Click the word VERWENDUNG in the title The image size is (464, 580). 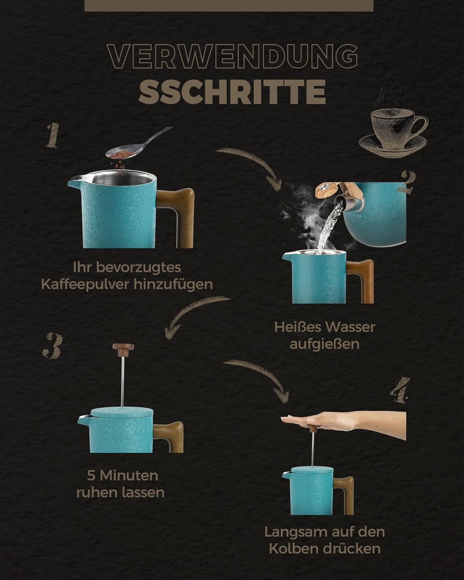click(232, 56)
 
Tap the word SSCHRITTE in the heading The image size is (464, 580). click(232, 92)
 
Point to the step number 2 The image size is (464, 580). click(408, 183)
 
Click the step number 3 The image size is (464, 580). click(52, 346)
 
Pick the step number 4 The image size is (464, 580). click(401, 390)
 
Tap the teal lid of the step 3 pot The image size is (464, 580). click(122, 412)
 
